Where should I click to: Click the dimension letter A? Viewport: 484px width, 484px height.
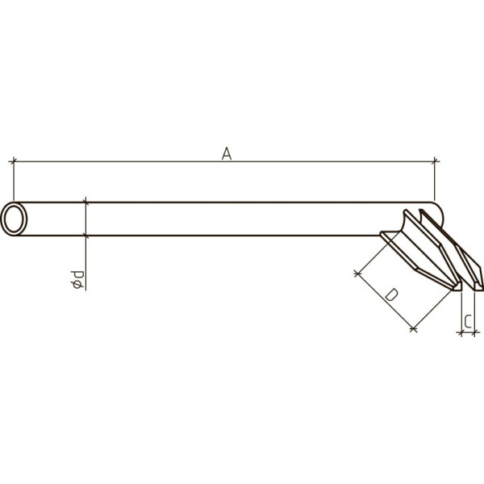(x=227, y=154)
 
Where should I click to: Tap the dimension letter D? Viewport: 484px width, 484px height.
(x=392, y=294)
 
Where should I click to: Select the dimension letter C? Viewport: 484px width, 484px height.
(x=468, y=321)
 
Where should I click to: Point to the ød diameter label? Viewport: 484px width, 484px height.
(x=77, y=280)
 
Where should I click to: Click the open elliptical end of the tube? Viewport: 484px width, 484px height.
(x=14, y=219)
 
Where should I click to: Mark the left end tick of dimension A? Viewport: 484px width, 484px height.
(x=14, y=161)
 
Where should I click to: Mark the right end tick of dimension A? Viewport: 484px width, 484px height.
(x=435, y=161)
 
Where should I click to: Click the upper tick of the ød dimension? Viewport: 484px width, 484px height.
(x=86, y=202)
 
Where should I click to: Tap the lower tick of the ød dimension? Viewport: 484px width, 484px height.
(x=86, y=236)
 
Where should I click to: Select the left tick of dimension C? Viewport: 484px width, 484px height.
(x=461, y=332)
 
